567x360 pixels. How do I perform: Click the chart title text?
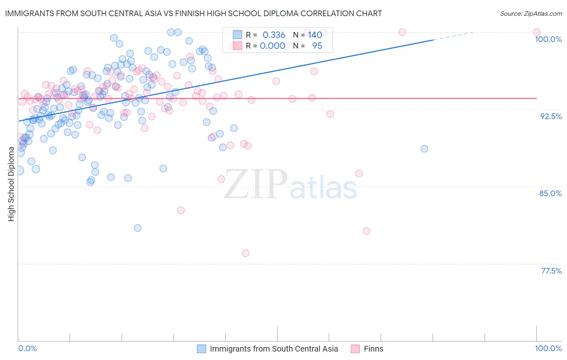(193, 13)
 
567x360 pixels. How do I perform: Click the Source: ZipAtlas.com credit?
(531, 13)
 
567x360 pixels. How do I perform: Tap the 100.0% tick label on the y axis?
(548, 39)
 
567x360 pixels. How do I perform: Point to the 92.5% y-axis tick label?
(551, 116)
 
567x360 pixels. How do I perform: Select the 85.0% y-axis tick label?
(550, 193)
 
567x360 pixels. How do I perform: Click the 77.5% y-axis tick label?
(551, 271)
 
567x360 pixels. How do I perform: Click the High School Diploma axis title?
(11, 184)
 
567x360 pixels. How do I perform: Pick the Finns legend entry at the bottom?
(373, 349)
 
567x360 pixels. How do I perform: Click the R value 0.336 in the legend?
(274, 35)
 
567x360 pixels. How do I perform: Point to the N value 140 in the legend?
(315, 35)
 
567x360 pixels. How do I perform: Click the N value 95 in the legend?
(317, 46)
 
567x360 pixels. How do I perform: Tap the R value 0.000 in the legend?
(273, 46)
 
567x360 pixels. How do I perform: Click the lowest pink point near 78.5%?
(246, 253)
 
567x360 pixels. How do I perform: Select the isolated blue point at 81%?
(138, 228)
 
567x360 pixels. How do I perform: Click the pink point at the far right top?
(537, 32)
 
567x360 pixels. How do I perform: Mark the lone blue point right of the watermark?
(424, 149)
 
